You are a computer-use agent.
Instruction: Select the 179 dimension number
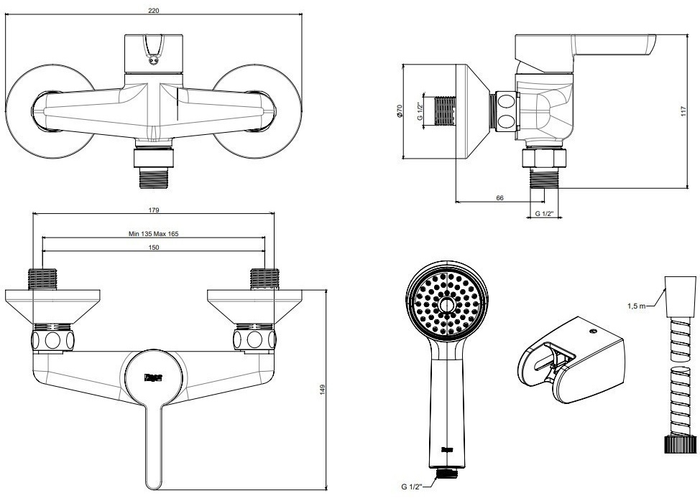154,210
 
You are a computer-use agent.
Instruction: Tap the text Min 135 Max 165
153,234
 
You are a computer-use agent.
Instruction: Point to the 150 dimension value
153,247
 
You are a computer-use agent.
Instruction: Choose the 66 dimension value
498,198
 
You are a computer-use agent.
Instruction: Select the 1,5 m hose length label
636,306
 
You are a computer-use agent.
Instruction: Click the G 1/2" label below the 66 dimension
545,214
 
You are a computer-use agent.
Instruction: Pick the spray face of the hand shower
446,305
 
